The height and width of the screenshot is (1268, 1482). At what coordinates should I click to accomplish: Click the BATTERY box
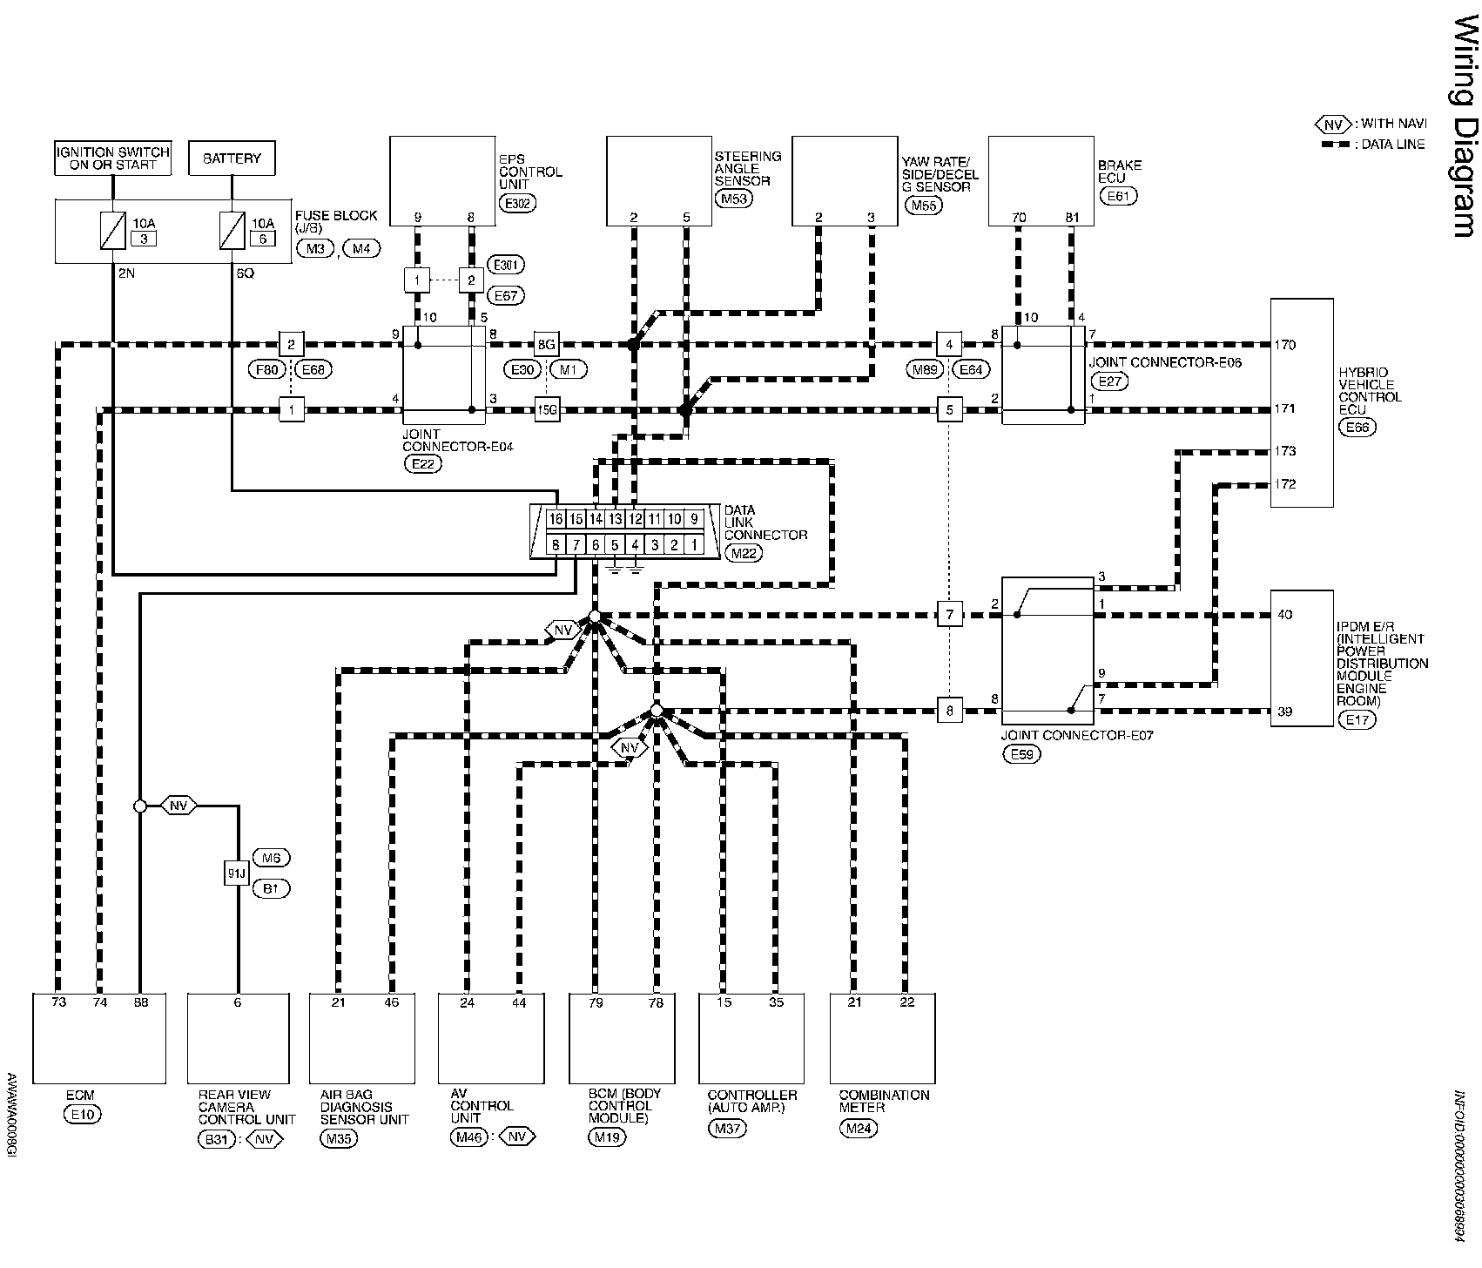pyautogui.click(x=232, y=158)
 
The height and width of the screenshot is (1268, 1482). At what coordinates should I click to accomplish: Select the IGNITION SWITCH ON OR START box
pyautogui.click(x=113, y=158)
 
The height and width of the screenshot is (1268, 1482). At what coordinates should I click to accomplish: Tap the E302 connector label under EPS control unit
pyautogui.click(x=517, y=204)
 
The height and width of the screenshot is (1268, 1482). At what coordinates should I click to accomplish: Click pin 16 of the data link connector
pyautogui.click(x=556, y=519)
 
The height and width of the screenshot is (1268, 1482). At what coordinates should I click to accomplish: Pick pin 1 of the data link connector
pyautogui.click(x=693, y=545)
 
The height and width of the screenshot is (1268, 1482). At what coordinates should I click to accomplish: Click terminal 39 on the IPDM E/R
pyautogui.click(x=1285, y=712)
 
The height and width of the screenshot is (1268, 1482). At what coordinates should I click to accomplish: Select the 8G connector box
pyautogui.click(x=546, y=345)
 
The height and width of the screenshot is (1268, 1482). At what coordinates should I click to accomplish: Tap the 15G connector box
pyautogui.click(x=546, y=410)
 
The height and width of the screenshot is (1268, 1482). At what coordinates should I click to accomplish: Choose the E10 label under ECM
pyautogui.click(x=83, y=1114)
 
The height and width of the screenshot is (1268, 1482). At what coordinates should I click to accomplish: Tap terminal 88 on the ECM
pyautogui.click(x=140, y=1002)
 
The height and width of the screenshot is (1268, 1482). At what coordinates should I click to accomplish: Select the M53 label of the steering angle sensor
pyautogui.click(x=732, y=199)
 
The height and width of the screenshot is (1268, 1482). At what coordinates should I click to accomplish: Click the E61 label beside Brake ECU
pyautogui.click(x=1119, y=196)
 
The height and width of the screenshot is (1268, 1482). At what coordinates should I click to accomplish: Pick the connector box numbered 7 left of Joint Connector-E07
pyautogui.click(x=949, y=615)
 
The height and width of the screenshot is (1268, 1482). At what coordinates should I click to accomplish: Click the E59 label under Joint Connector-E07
pyautogui.click(x=1021, y=754)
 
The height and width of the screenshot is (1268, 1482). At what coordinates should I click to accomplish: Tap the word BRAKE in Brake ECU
pyautogui.click(x=1120, y=165)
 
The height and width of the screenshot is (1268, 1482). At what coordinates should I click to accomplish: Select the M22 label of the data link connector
pyautogui.click(x=743, y=554)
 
